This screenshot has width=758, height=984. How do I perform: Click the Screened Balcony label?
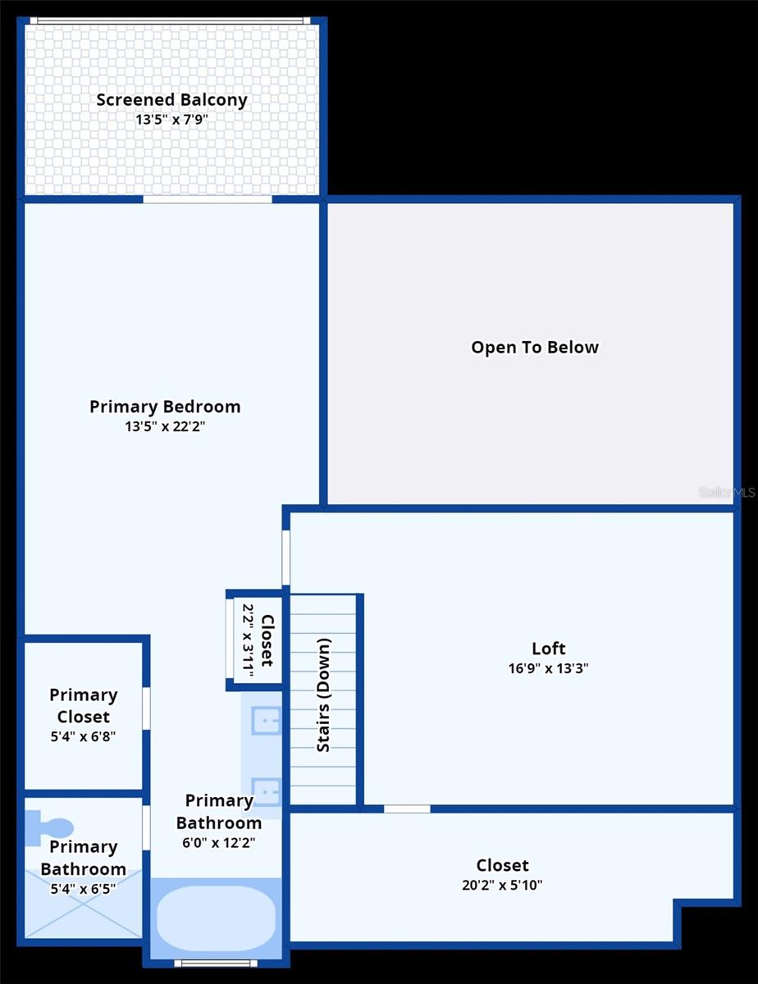[x=171, y=100]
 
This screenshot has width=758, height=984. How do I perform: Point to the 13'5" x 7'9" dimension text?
[x=171, y=119]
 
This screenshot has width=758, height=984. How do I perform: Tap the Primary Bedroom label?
[x=165, y=407]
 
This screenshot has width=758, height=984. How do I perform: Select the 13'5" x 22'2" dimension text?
[x=165, y=426]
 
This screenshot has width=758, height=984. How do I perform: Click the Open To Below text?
[x=535, y=347]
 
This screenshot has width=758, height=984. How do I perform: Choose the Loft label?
[x=548, y=649]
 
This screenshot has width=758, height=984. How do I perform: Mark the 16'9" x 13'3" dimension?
[x=548, y=668]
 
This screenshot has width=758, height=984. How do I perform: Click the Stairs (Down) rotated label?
[x=324, y=695]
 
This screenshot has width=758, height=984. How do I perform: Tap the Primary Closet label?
[x=83, y=705]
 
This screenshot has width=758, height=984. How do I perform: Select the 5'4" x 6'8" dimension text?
[x=83, y=736]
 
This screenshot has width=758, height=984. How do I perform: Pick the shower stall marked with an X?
[x=83, y=902]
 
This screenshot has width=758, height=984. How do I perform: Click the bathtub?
[x=216, y=917]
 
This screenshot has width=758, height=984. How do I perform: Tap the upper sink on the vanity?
[x=266, y=721]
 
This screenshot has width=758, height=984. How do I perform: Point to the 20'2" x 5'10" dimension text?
[x=502, y=885]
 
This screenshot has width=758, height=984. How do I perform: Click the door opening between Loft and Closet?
[x=407, y=809]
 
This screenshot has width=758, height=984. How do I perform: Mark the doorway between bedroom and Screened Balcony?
[x=208, y=199]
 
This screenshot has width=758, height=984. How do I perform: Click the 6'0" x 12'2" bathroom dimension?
[x=218, y=842]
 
